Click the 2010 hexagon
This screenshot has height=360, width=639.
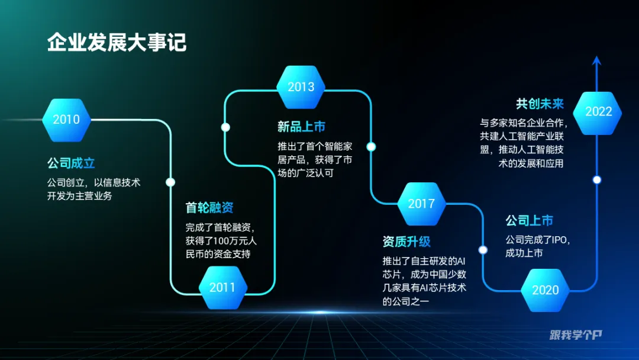66,120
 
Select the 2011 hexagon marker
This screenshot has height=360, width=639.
222,288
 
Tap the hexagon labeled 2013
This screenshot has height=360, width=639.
301,87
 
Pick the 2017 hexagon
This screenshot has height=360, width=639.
421,204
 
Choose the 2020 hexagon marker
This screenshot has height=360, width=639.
545,290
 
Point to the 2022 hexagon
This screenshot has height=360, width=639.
598,111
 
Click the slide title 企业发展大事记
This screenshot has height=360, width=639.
117,43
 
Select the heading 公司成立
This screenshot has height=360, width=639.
71,163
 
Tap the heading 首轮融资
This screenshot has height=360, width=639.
209,208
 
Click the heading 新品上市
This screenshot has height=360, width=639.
301,127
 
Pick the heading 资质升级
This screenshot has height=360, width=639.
406,242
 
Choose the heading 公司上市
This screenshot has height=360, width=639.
529,221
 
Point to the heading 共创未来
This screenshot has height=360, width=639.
540,104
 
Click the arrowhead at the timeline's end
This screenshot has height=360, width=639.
596,60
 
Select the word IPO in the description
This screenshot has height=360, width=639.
559,240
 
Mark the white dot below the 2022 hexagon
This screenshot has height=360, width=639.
597,179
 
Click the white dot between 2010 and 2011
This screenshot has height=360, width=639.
170,182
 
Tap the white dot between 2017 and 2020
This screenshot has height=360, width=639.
483,250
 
